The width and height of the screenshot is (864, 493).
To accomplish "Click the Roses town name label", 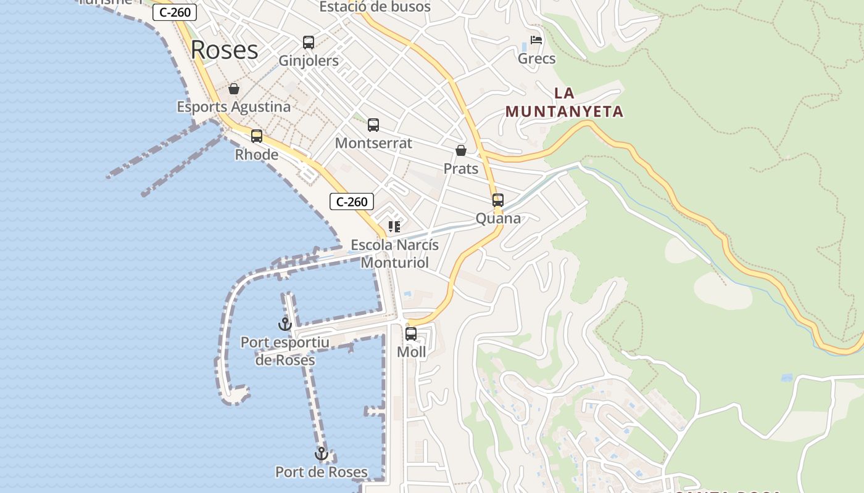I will click(224, 50).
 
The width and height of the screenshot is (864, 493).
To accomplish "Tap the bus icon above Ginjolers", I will click(309, 43).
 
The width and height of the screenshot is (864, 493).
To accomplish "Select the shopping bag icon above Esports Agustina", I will click(234, 89).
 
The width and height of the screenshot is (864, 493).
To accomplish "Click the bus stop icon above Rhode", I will click(257, 136).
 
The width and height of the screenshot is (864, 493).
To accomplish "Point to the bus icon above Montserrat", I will click(373, 125).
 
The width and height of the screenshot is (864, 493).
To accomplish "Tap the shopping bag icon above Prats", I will click(461, 150).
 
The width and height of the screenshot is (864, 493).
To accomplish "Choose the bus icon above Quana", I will click(498, 200).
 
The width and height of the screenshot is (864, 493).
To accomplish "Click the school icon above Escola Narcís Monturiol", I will click(394, 227).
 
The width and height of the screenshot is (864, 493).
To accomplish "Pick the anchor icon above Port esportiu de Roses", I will click(285, 324).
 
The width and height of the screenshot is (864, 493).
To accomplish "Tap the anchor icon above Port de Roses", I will click(322, 454).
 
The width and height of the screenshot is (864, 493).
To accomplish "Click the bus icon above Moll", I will click(411, 334).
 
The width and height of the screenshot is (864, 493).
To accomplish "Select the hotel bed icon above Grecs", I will click(536, 41).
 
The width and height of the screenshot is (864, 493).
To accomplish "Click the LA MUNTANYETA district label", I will click(564, 102).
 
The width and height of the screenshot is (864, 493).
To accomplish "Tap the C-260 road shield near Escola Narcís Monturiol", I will click(352, 202).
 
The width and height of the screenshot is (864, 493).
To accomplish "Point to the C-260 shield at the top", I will click(175, 12).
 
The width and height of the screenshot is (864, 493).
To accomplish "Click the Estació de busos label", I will click(375, 7).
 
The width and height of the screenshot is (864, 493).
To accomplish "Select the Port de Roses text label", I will click(322, 472).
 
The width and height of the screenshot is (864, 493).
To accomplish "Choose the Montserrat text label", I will click(373, 143).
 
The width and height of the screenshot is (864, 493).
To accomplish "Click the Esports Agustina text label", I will click(234, 107).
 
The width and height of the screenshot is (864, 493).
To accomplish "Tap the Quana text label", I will click(498, 218).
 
